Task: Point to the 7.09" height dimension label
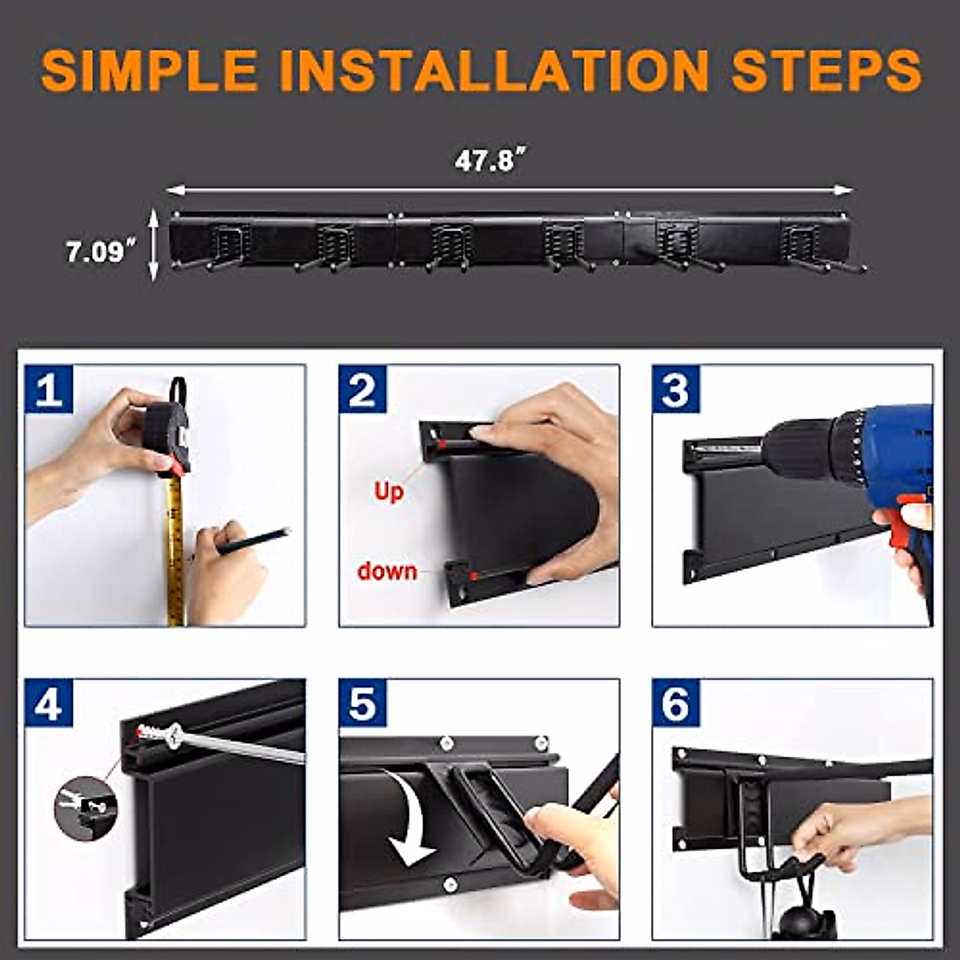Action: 102,250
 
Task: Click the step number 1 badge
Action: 49,389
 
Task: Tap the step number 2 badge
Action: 362,389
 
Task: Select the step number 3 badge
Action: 676,389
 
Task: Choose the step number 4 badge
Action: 49,703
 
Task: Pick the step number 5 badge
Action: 362,703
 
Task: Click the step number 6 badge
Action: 676,703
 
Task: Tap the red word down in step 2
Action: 387,571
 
